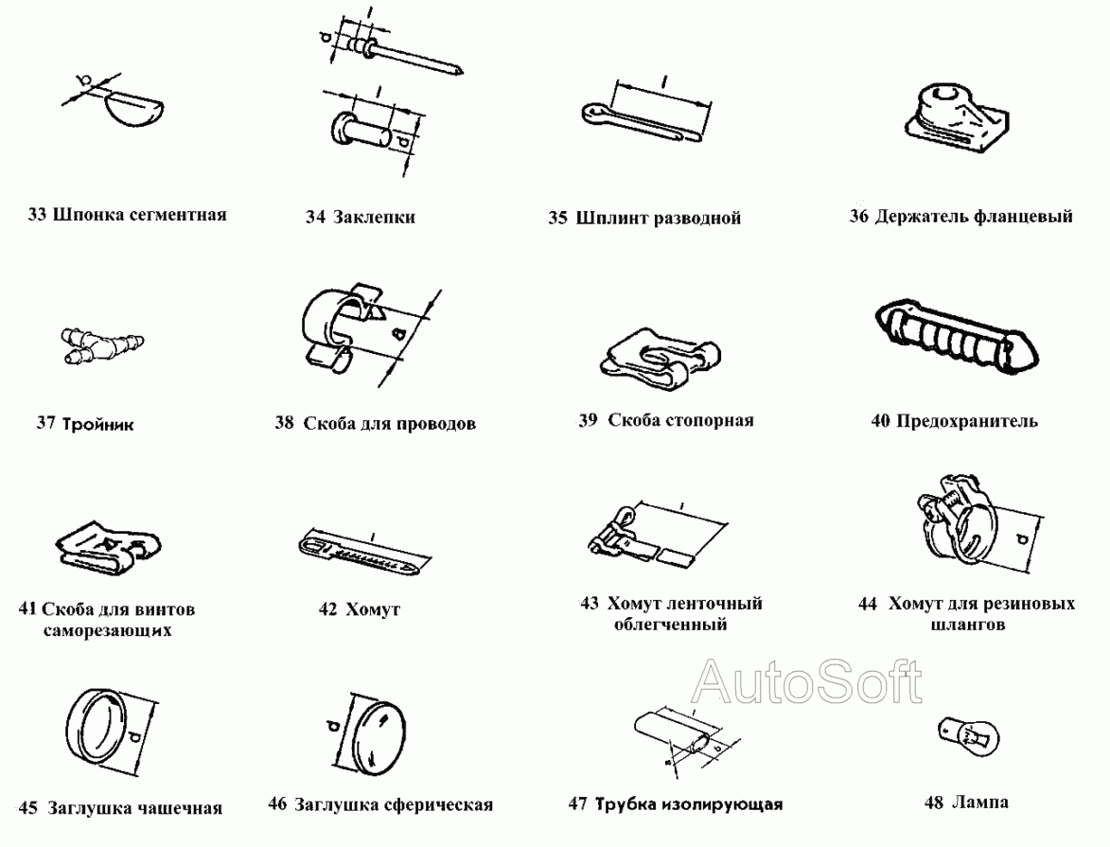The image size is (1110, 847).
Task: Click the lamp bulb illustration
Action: pos(962,731)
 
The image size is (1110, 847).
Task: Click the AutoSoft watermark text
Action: pos(807,680)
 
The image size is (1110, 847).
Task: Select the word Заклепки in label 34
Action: pos(375,218)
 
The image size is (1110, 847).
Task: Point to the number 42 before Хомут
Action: pos(327,610)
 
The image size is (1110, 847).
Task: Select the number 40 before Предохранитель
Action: pos(880,421)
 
